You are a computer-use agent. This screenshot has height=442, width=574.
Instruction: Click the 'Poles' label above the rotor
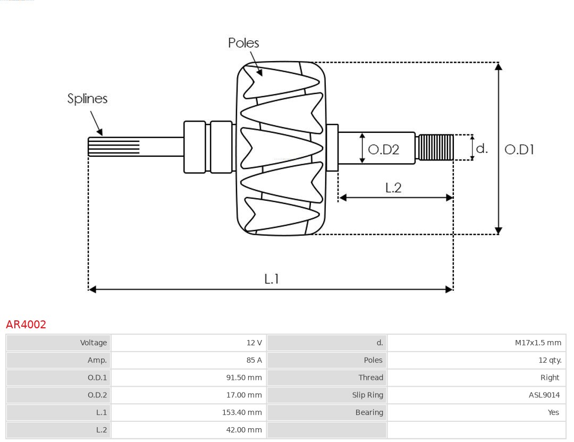(243, 43)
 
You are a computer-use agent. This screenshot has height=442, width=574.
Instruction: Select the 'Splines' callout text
(87, 99)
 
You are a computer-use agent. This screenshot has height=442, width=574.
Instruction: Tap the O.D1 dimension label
(519, 150)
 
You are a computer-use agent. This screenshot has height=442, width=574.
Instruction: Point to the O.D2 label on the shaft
(383, 150)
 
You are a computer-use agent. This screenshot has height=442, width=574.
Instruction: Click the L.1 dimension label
(272, 278)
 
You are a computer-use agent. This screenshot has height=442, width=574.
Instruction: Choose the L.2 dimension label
(393, 188)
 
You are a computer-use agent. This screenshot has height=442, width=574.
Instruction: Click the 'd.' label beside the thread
(482, 148)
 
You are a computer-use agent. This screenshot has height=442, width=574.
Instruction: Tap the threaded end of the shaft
(436, 147)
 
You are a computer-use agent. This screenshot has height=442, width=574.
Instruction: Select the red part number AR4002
(26, 325)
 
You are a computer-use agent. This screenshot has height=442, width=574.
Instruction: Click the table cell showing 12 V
(254, 343)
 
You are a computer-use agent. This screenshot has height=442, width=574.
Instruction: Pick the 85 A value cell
(254, 360)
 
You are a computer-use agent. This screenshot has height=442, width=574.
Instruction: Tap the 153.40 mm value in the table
(242, 412)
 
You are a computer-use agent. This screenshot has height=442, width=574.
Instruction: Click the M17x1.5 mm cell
(538, 343)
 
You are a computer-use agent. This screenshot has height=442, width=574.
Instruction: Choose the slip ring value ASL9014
(544, 395)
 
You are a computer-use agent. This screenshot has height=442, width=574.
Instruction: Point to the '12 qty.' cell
(550, 360)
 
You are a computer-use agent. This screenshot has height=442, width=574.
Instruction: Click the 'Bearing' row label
(369, 412)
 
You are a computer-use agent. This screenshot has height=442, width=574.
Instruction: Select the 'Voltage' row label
(94, 343)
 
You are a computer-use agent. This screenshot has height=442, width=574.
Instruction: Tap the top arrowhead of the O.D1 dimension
(498, 66)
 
